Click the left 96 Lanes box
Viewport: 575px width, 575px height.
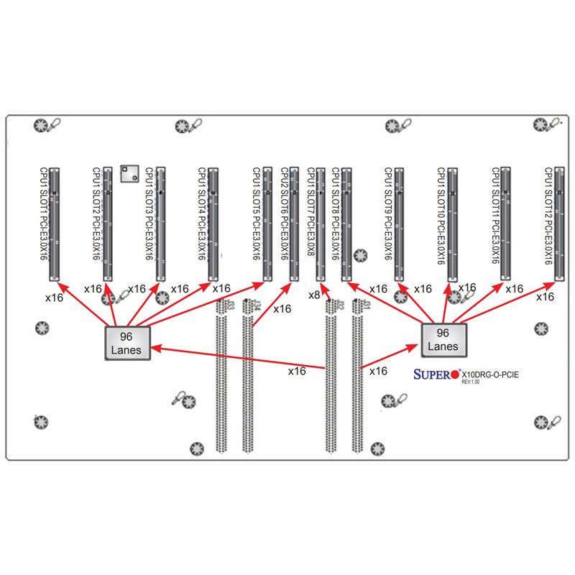pyautogui.click(x=127, y=341)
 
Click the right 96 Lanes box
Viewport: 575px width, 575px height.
pyautogui.click(x=443, y=339)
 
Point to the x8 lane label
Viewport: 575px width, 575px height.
pyautogui.click(x=314, y=295)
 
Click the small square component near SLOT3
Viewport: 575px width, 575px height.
pyautogui.click(x=129, y=172)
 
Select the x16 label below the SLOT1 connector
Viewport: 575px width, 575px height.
pyautogui.click(x=54, y=295)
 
